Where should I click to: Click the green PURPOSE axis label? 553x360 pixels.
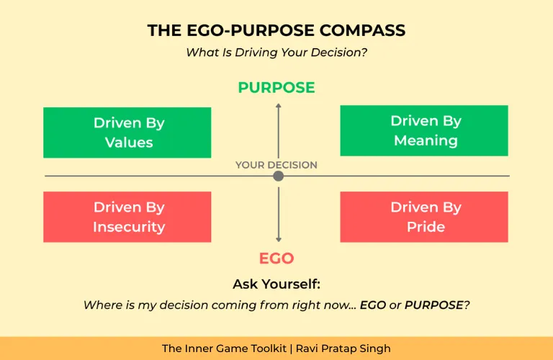276,88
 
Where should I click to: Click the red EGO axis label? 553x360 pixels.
276,258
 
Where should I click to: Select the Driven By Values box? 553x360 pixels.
127,132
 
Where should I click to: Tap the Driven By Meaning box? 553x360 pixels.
424,130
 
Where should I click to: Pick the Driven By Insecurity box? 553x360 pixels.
127,217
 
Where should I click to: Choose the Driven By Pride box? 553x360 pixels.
424,217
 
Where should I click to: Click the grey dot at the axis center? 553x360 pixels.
279,176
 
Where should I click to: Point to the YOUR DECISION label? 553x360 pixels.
276,165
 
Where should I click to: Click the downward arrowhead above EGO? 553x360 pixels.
279,240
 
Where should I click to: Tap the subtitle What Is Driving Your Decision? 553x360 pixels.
276,53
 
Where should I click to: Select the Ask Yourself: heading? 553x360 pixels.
276,284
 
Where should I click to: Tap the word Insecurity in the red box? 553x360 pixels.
129,227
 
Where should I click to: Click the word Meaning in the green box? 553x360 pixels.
426,140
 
